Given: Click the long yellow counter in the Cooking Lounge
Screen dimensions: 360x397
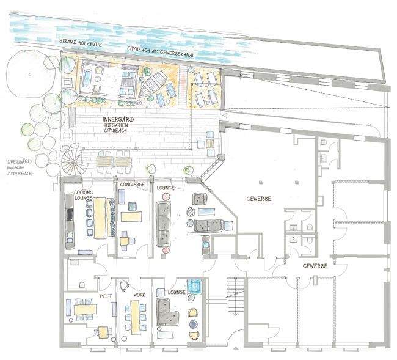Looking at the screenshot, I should tap(100, 218).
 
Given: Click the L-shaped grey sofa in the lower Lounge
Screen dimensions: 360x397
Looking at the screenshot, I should tap(167, 311).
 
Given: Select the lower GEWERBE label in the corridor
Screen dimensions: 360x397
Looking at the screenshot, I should tap(315, 266).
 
